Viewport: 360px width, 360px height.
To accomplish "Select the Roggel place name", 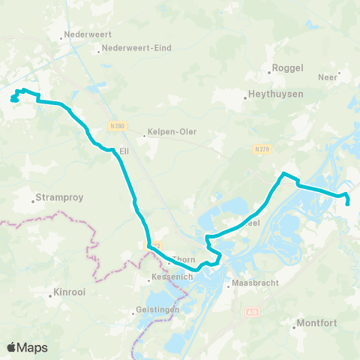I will (x=286, y=67).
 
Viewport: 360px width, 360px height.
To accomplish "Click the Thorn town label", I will (x=184, y=260).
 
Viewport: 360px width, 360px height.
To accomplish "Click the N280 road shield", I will (x=115, y=125).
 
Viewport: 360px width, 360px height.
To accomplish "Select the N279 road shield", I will (x=261, y=148).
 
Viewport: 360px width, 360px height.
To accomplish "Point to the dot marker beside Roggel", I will (x=269, y=72).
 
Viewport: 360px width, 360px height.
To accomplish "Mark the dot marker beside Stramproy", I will (x=34, y=200).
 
